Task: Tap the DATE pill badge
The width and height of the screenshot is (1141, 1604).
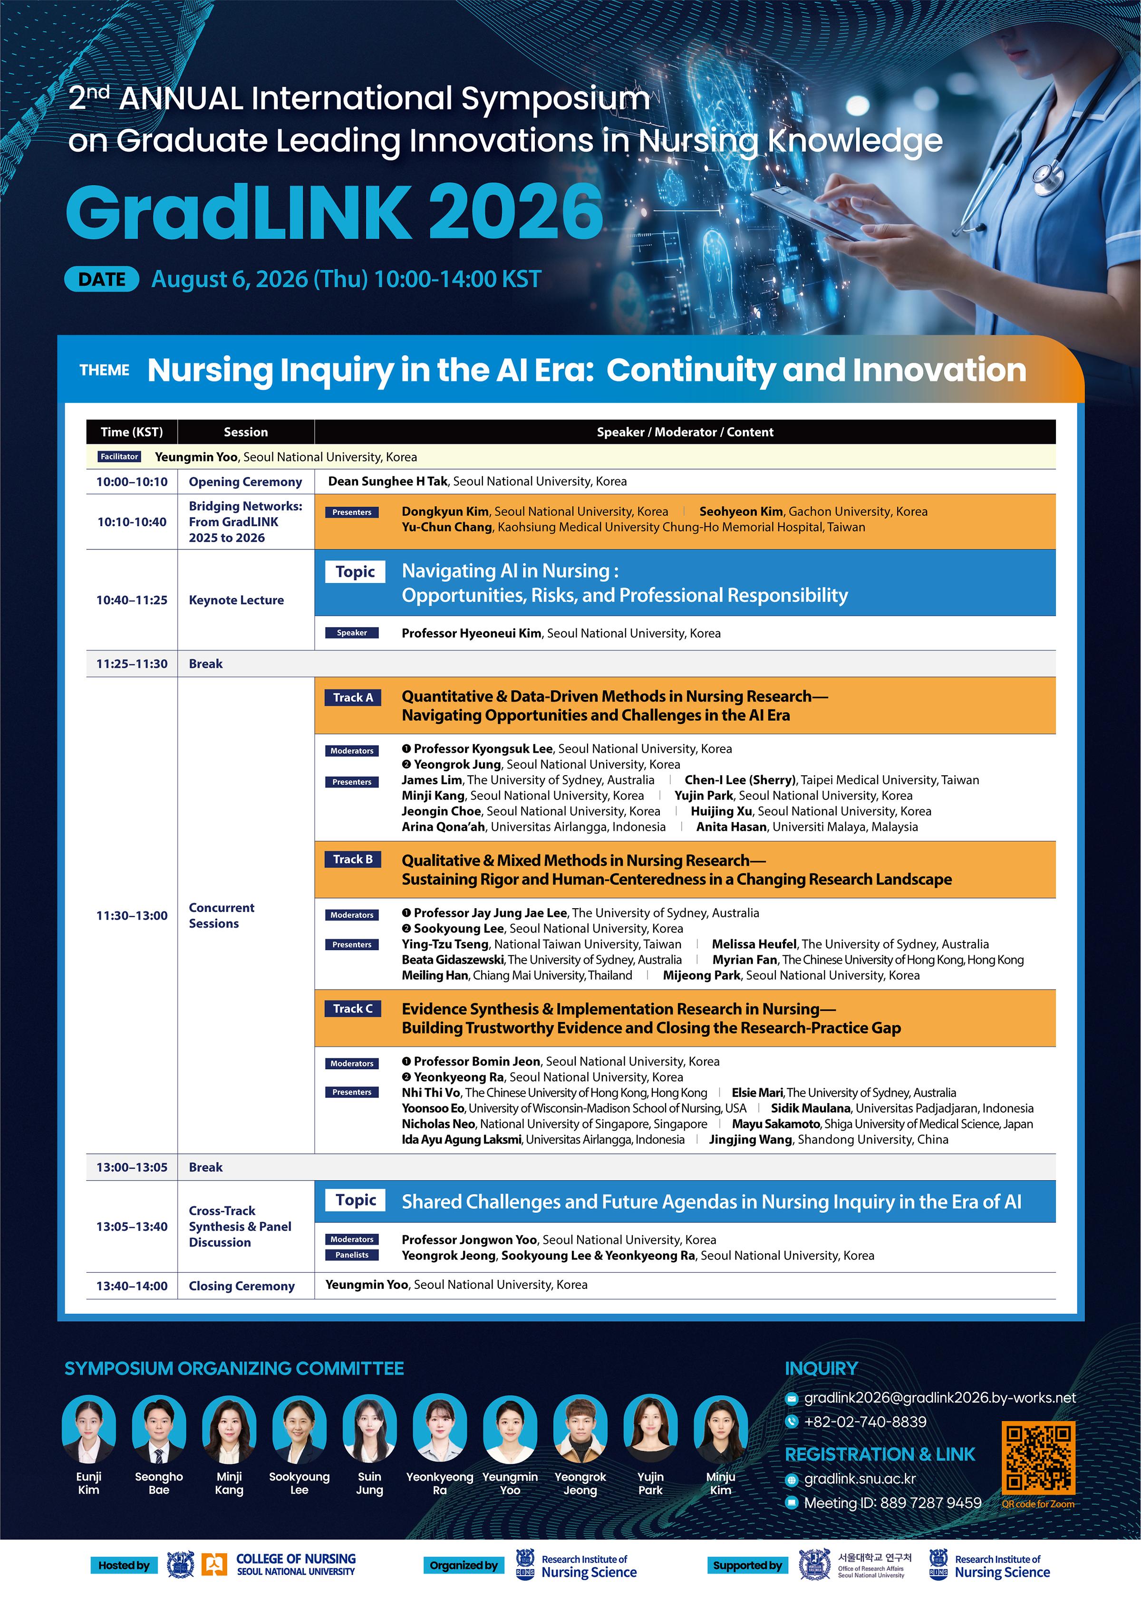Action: coord(102,279)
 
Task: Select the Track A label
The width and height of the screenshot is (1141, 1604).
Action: coord(353,697)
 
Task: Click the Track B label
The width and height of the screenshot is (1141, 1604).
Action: coord(353,859)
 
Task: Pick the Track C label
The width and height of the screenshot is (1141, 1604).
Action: coord(353,1009)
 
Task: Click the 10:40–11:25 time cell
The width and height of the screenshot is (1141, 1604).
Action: coord(132,600)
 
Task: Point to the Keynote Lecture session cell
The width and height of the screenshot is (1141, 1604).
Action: coord(236,600)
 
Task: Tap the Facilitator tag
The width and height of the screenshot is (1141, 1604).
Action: coord(119,456)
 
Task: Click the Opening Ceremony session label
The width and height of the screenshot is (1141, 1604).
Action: coord(245,482)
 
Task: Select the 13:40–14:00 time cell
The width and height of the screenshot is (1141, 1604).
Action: coord(132,1286)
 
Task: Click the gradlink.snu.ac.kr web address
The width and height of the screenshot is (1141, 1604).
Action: coord(860,1479)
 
